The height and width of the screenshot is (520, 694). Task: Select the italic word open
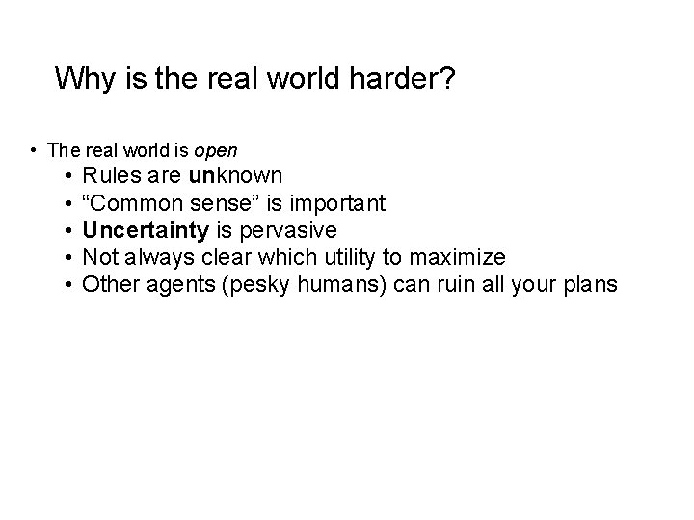pos(216,150)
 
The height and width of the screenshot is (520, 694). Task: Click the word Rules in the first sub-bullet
pos(108,176)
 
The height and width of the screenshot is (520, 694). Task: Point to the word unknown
pos(236,176)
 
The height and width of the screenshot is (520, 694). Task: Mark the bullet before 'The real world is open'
pos(34,150)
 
